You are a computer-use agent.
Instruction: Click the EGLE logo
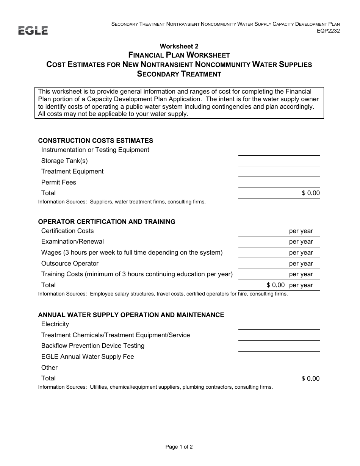point(33,31)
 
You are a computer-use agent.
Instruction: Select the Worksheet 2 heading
point(179,46)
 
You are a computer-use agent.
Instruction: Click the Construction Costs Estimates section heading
point(95,141)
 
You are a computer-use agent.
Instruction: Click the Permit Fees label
point(59,182)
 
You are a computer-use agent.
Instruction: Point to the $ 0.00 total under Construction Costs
point(311,193)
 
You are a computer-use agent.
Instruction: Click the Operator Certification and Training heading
point(106,222)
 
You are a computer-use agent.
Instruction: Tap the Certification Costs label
point(67,231)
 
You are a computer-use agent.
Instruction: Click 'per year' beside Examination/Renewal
point(301,242)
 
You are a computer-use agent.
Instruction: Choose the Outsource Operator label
point(70,263)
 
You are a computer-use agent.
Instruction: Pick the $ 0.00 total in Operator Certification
point(275,285)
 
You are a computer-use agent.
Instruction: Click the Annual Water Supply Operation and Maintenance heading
point(131,315)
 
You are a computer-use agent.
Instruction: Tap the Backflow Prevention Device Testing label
point(93,346)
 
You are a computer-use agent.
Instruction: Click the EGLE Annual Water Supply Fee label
point(88,357)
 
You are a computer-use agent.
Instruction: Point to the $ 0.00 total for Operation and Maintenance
point(311,378)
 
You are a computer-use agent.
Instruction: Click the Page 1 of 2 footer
point(179,447)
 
